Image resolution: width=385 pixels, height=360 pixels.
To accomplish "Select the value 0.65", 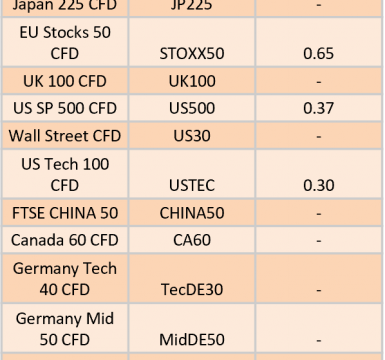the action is coord(318,54).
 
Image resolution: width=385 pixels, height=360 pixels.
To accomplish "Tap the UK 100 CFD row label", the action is coord(65,81).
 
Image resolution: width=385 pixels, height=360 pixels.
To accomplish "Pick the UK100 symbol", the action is coord(192,81).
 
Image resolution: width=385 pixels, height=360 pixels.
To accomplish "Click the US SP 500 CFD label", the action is coord(65,108).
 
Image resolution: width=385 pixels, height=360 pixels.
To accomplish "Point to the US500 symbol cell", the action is coord(192,108).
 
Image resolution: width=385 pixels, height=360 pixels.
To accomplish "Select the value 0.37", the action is coord(318,108).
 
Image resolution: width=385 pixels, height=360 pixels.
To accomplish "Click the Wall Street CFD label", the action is coord(65,136).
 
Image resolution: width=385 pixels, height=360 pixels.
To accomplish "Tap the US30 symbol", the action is coord(192,136).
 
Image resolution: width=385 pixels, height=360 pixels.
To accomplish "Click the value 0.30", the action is coord(319,185).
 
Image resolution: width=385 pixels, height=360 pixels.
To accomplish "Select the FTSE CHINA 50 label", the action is coord(65,213).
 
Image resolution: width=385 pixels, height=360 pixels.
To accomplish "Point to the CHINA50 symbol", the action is coord(192,213).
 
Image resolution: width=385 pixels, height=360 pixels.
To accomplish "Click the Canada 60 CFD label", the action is coord(65,240).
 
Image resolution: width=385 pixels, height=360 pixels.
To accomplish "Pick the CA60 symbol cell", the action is coord(192,240).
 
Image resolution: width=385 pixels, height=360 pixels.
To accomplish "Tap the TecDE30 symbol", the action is coord(192,290).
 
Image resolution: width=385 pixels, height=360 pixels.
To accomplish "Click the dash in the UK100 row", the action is coord(319,82).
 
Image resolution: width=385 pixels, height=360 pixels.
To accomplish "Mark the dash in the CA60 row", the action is coord(319,241).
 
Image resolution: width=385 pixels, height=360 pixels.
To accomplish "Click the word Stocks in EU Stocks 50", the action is coord(66,33).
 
